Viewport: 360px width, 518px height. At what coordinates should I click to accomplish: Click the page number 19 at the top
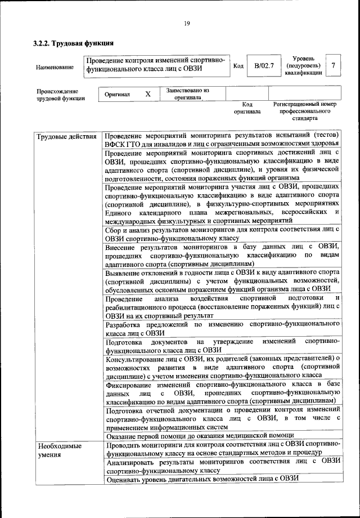(187, 23)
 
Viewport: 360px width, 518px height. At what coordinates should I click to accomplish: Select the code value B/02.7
(264, 66)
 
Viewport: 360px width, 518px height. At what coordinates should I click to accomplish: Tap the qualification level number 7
(334, 66)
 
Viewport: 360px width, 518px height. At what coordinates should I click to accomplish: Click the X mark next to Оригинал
(148, 94)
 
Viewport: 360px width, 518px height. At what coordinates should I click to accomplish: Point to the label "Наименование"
(55, 68)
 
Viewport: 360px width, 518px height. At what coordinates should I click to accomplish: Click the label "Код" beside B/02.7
(238, 66)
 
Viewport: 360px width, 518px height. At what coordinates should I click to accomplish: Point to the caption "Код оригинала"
(247, 108)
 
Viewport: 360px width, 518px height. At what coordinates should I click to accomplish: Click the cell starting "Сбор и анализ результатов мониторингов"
(223, 233)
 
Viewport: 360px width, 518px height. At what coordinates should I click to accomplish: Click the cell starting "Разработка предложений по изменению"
(223, 329)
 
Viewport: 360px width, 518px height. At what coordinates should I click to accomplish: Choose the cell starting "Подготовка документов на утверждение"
(223, 345)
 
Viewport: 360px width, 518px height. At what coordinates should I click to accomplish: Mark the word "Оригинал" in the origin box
(118, 95)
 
